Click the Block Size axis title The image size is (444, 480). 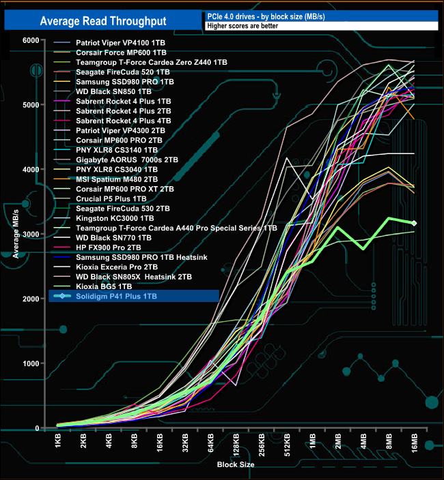(236, 464)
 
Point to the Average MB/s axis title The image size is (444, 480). (16, 231)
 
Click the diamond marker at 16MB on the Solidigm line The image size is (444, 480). (414, 223)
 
